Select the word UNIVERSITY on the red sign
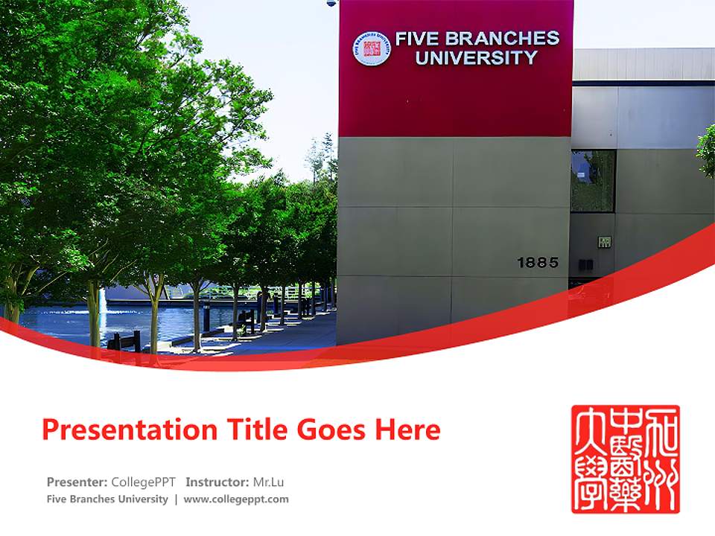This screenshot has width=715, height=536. (476, 58)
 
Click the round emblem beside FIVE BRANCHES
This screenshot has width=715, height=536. (371, 48)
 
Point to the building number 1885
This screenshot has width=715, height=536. (537, 263)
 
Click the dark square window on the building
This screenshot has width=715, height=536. (593, 181)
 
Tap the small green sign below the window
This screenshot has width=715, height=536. (604, 242)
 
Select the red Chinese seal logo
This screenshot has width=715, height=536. (626, 459)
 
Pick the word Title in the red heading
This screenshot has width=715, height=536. (247, 430)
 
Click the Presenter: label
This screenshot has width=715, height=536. (77, 482)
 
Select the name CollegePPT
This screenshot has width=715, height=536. (143, 482)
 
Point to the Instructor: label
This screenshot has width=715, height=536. (217, 482)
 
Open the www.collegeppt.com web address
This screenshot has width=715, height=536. (236, 500)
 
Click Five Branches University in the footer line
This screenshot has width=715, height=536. (107, 500)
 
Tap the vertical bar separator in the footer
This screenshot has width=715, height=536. (176, 500)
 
